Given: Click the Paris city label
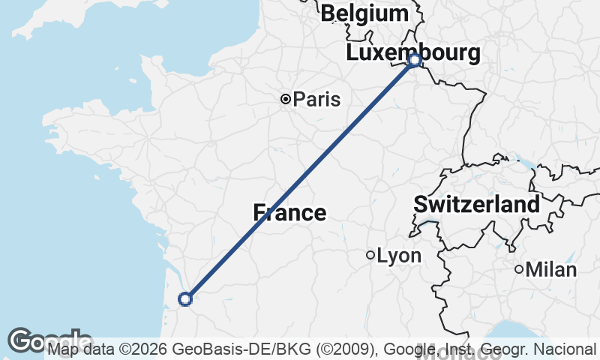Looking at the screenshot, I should point(316,99).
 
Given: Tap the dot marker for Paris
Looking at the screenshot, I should point(286,99).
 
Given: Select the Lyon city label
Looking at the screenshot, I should point(399,256).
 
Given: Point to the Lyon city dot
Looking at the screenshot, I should point(370,255).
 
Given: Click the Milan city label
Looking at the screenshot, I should point(551,269).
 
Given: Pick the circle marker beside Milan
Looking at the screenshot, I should point(519,269).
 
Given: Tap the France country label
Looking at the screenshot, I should point(289,213).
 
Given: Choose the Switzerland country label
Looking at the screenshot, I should point(476,204).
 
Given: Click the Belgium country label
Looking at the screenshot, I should point(364,13).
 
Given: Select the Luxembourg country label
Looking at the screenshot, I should point(413,53).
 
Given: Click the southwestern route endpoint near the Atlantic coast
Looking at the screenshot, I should point(185,299).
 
